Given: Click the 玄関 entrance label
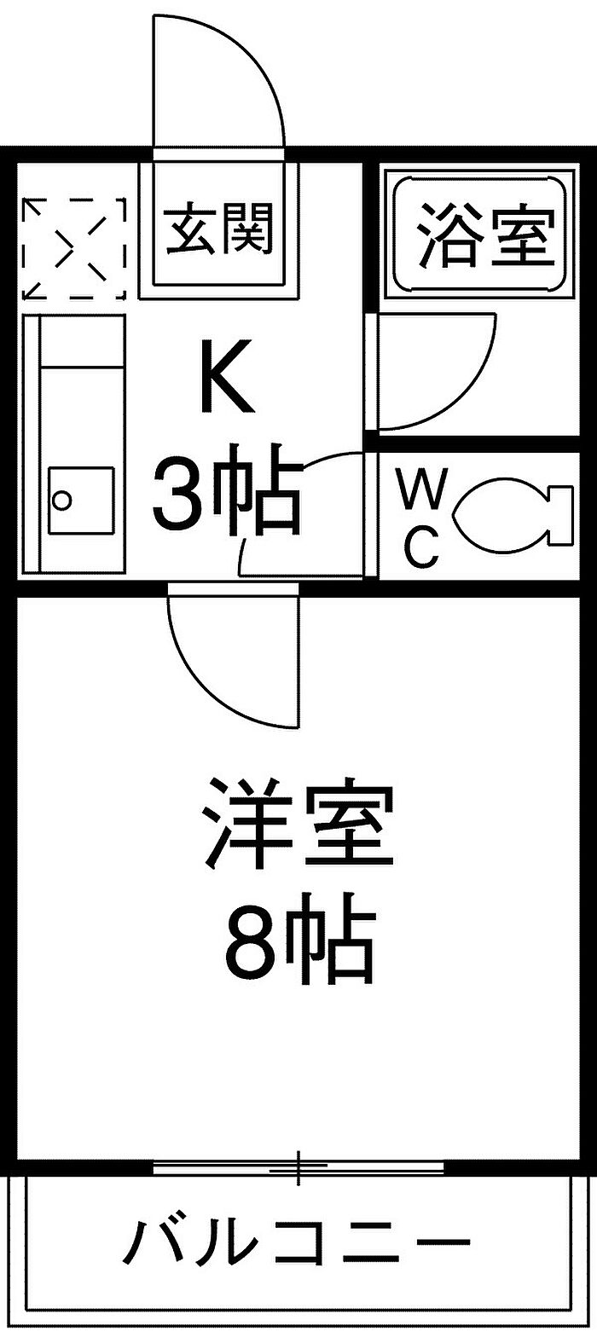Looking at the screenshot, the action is coord(219,229).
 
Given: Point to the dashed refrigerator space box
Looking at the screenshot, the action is coord(73,248).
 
